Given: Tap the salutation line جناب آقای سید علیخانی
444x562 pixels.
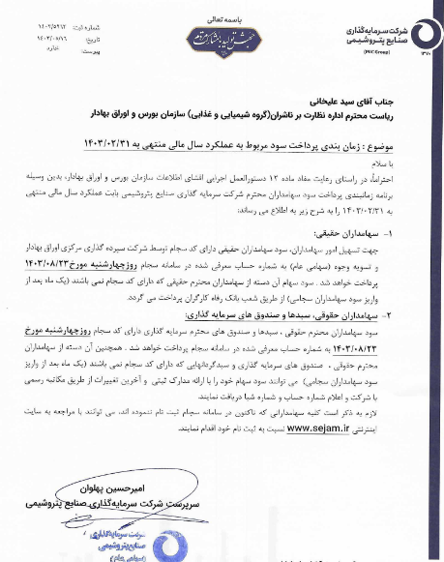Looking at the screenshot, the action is tap(369, 98).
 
